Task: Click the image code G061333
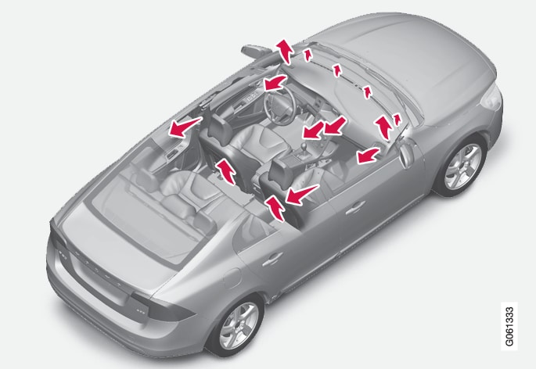[509, 326]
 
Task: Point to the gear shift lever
[303, 152]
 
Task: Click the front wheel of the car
[463, 167]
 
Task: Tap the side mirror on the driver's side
[255, 50]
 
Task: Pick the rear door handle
[272, 259]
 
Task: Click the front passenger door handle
[355, 207]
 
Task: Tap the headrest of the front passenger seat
[281, 170]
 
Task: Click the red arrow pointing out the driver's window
[185, 127]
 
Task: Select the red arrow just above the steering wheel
[275, 83]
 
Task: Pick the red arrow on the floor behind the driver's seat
[225, 171]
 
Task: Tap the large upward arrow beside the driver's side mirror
[285, 52]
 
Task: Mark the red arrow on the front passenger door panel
[369, 156]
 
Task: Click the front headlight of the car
[491, 98]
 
